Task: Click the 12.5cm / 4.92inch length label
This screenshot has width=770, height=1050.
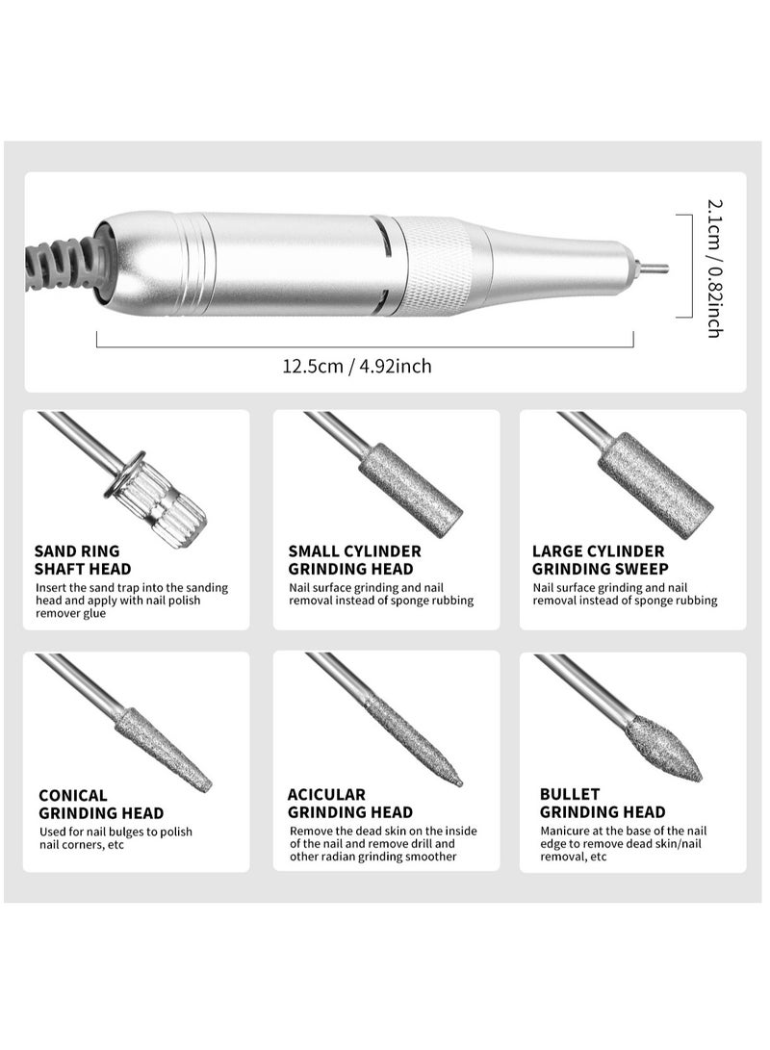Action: [x=356, y=366]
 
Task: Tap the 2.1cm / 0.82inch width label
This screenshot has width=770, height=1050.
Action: [x=714, y=268]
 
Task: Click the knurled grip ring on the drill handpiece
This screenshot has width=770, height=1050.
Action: [x=439, y=266]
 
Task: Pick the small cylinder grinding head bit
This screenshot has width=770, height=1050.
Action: [x=410, y=489]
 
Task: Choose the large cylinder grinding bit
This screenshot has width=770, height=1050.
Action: [x=654, y=484]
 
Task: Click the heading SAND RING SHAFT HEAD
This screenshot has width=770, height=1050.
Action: [x=83, y=560]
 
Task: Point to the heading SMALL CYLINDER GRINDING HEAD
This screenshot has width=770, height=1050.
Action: [x=354, y=560]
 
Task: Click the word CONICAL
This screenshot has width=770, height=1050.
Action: [x=73, y=796]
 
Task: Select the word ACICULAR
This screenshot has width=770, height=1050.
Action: [x=326, y=795]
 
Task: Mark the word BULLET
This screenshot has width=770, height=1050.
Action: [x=570, y=795]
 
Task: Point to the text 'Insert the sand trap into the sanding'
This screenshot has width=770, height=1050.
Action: [x=132, y=587]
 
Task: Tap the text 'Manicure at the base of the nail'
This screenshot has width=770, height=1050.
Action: [x=625, y=830]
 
